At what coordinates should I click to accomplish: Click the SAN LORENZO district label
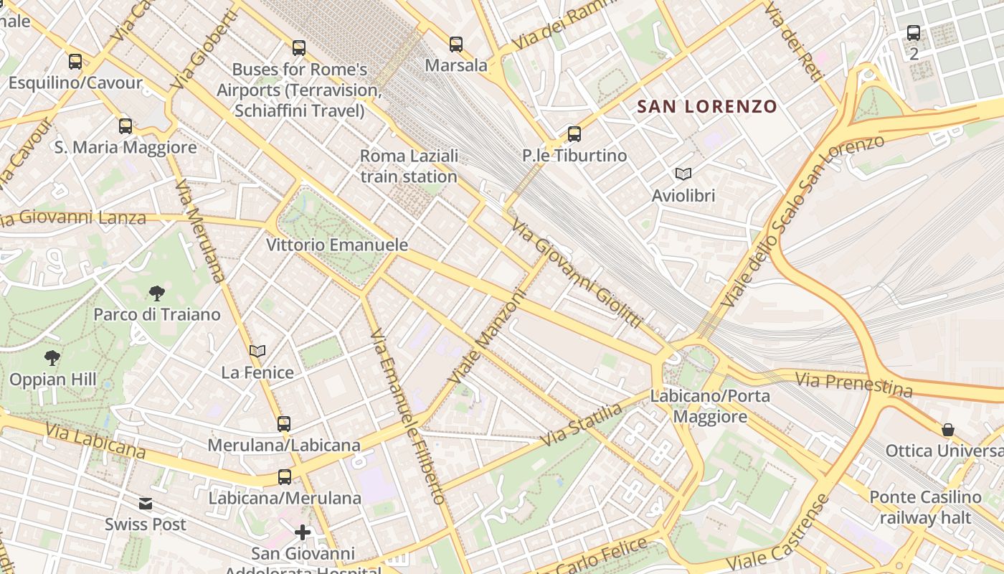point(707,107)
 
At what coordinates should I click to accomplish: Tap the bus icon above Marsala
point(456,44)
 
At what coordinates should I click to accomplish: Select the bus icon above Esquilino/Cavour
point(75,62)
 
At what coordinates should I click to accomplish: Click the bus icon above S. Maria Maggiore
point(126,126)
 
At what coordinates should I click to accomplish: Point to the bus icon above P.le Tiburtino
point(574,134)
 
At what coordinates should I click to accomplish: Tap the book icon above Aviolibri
point(683,174)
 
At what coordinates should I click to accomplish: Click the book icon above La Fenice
point(257,351)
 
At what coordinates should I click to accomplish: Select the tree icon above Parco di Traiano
point(157,293)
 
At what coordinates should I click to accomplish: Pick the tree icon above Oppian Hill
point(52,357)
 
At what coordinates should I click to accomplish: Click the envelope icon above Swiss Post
point(146,503)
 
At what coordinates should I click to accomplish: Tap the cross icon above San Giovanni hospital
point(303,532)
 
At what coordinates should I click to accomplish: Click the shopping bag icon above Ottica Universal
point(948,430)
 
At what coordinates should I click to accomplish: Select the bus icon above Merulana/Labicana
point(284,423)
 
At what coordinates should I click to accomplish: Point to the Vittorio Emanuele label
point(337,245)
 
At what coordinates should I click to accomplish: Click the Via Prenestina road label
point(853,385)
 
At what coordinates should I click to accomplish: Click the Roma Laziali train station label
point(409,166)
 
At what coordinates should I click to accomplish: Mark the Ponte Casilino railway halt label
point(925,507)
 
